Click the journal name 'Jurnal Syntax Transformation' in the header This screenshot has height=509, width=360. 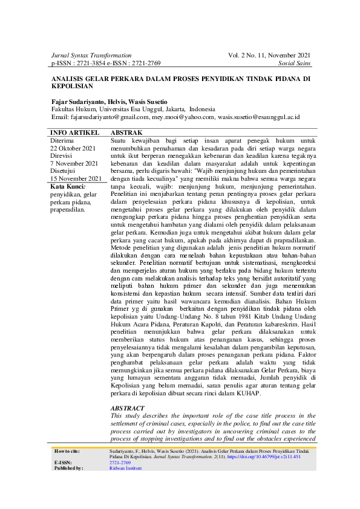pyautogui.click(x=91, y=55)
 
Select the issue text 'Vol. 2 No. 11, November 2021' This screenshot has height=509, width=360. pyautogui.click(x=270, y=55)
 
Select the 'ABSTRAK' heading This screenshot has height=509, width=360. pyautogui.click(x=126, y=132)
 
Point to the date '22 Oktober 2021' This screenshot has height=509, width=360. pyautogui.click(x=73, y=148)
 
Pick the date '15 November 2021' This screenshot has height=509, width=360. pyautogui.click(x=76, y=179)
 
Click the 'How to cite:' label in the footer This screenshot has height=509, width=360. pyautogui.click(x=67, y=451)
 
